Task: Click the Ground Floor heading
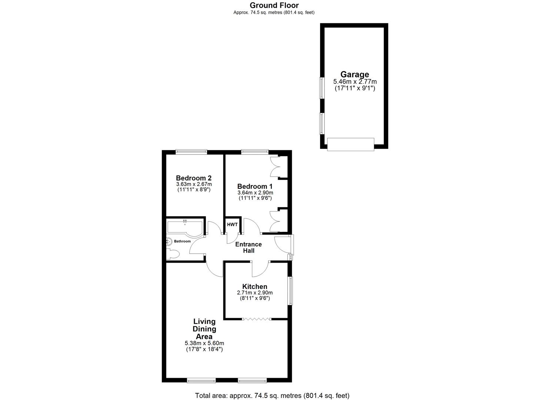[x=274, y=5]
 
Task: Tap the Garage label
[x=355, y=74]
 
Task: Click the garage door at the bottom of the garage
[x=351, y=144]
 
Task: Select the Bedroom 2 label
[x=194, y=178]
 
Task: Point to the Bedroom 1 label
[x=255, y=186]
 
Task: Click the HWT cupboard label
[x=232, y=224]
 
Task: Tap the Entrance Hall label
[x=249, y=247]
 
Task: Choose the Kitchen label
[x=254, y=286]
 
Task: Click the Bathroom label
[x=182, y=241]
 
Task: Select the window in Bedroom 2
[x=191, y=151]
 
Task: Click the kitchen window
[x=290, y=291]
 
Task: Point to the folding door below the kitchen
[x=257, y=319]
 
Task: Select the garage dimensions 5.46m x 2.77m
[x=355, y=82]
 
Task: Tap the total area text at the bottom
[x=272, y=395]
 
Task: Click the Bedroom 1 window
[x=255, y=151]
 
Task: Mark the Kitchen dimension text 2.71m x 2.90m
[x=254, y=293]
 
